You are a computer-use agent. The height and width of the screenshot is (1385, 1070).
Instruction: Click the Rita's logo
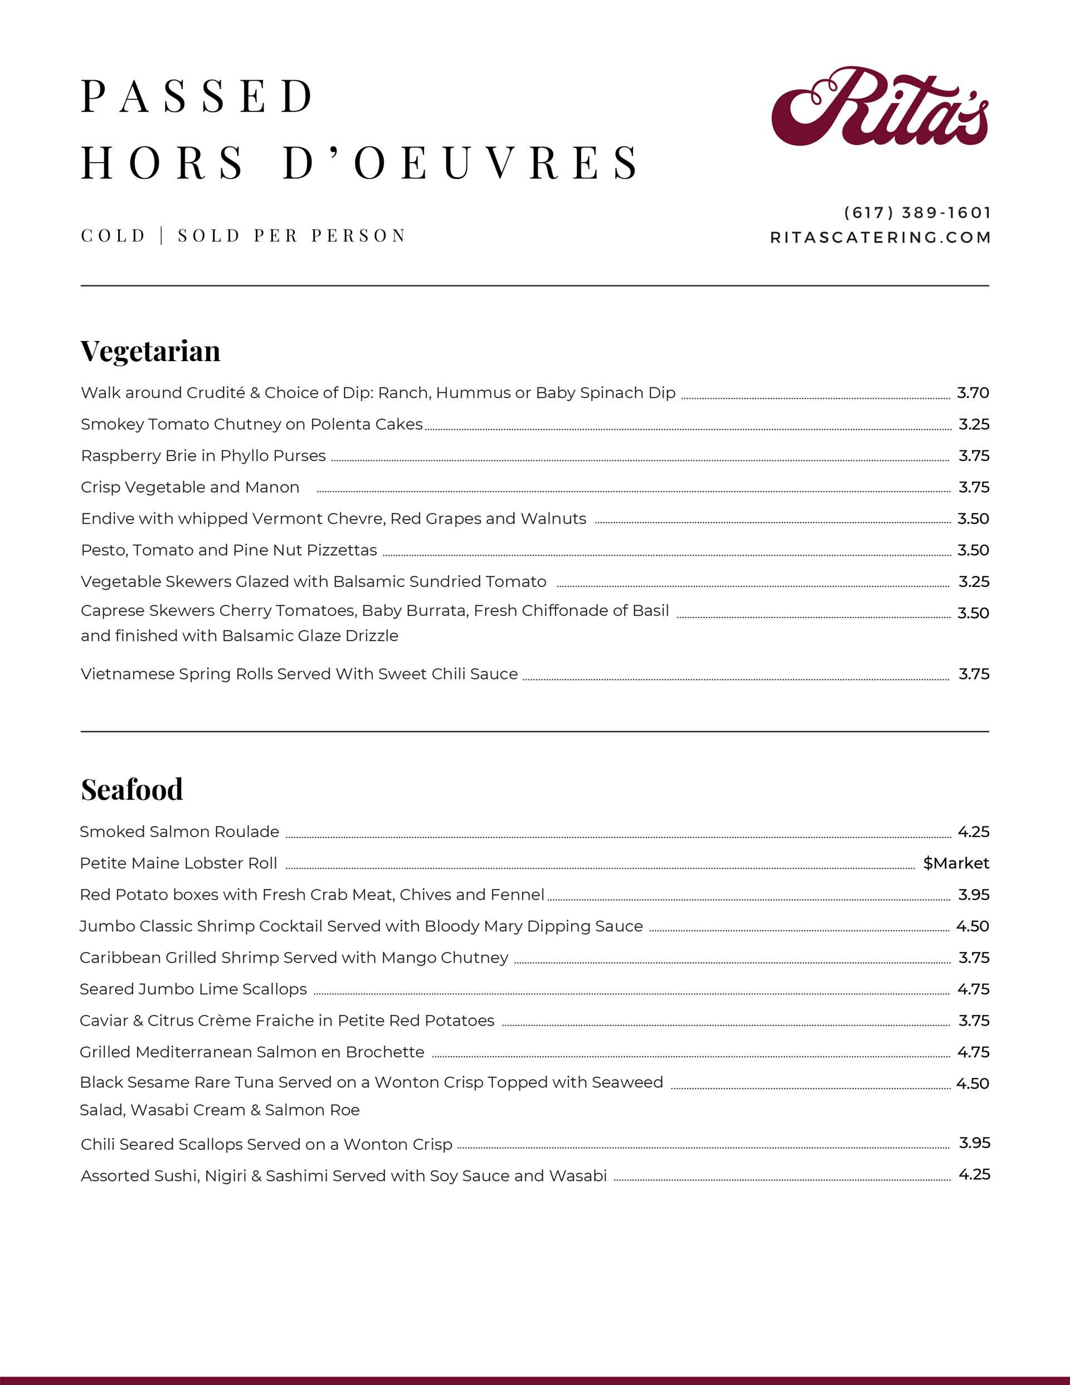(880, 106)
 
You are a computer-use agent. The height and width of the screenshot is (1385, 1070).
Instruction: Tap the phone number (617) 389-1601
(917, 212)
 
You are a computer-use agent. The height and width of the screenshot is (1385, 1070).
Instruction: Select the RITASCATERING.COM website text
(881, 237)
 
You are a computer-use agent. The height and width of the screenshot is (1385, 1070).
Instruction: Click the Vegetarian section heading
(150, 351)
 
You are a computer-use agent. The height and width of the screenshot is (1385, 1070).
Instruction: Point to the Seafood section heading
(132, 790)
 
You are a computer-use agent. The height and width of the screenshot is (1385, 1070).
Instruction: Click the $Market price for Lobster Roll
(956, 863)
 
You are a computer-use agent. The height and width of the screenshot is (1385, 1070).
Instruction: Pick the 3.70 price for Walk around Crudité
(972, 392)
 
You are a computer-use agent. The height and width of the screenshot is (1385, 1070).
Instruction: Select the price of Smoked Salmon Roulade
(973, 832)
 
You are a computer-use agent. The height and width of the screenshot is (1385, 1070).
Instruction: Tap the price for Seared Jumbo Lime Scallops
(973, 989)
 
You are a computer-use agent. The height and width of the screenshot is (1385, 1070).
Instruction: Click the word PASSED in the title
(197, 96)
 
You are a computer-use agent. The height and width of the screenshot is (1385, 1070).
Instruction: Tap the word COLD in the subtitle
(114, 236)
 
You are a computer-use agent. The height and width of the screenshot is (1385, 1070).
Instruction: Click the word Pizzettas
(342, 550)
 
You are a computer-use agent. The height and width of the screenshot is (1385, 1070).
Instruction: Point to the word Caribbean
(120, 958)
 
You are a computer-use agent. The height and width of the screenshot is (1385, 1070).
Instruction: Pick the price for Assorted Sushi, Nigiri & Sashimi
(974, 1174)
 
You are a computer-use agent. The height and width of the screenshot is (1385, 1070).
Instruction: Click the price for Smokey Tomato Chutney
(974, 424)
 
